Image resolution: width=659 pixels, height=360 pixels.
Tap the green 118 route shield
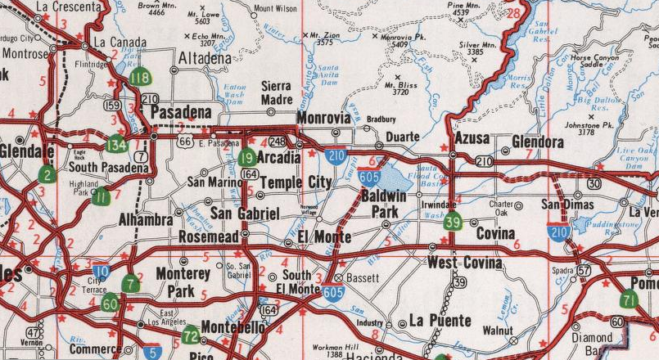pyautogui.click(x=140, y=79)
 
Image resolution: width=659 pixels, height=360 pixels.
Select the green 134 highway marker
pyautogui.click(x=117, y=146)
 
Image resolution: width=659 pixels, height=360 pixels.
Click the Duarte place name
pyautogui.click(x=402, y=137)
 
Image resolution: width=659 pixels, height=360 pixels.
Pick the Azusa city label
pyautogui.click(x=472, y=137)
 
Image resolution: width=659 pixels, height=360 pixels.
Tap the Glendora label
pyautogui.click(x=538, y=142)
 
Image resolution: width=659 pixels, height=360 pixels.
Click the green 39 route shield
pyautogui.click(x=454, y=221)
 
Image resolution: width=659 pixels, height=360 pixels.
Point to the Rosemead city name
pyautogui.click(x=209, y=237)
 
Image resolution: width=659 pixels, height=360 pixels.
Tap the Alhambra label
pyautogui.click(x=146, y=220)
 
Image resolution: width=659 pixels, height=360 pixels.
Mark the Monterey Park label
pyautogui.click(x=183, y=281)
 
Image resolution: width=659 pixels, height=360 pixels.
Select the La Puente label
pyautogui.click(x=440, y=320)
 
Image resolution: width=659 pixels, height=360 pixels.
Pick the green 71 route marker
pyautogui.click(x=629, y=298)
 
